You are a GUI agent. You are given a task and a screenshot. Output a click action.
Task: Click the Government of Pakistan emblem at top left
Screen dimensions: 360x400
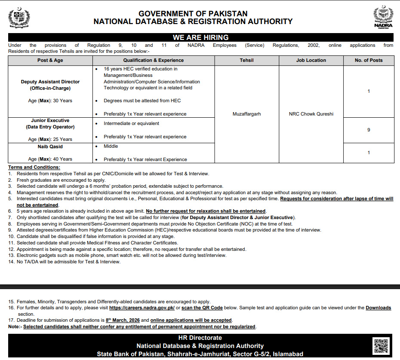pyautogui.click(x=19, y=18)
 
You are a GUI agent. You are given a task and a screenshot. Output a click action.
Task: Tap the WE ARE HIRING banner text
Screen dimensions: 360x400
pyautogui.click(x=200, y=37)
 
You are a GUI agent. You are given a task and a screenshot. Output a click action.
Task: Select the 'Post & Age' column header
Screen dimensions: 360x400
pyautogui.click(x=50, y=60)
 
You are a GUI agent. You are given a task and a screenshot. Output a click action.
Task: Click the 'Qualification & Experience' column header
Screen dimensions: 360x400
pyautogui.click(x=154, y=60)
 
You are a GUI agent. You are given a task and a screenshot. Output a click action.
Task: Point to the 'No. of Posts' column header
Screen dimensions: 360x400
pyautogui.click(x=369, y=60)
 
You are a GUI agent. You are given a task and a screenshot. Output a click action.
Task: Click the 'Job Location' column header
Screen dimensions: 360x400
pyautogui.click(x=311, y=60)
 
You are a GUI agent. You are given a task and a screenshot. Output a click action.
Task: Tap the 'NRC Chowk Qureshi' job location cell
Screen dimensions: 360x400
pyautogui.click(x=311, y=114)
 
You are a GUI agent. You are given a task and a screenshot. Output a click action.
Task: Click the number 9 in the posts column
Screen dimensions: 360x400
pyautogui.click(x=369, y=130)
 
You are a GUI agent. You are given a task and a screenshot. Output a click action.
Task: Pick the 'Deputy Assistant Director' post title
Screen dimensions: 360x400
pyautogui.click(x=50, y=82)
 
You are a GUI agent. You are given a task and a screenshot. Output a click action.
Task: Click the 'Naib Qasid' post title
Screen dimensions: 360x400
pyautogui.click(x=50, y=146)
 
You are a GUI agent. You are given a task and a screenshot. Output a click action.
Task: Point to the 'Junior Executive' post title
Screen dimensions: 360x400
pyautogui.click(x=50, y=121)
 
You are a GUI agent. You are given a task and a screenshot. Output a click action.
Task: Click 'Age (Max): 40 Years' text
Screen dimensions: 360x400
pyautogui.click(x=50, y=159)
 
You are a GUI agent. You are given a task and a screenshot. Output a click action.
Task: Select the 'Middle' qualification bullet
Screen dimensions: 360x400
pyautogui.click(x=111, y=146)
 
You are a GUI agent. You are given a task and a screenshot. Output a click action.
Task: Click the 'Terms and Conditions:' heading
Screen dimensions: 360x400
pyautogui.click(x=34, y=167)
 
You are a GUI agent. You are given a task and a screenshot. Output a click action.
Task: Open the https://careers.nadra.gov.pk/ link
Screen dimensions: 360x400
pyautogui.click(x=142, y=308)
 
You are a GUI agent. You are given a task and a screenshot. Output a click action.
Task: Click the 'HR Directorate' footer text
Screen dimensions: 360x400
pyautogui.click(x=200, y=338)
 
